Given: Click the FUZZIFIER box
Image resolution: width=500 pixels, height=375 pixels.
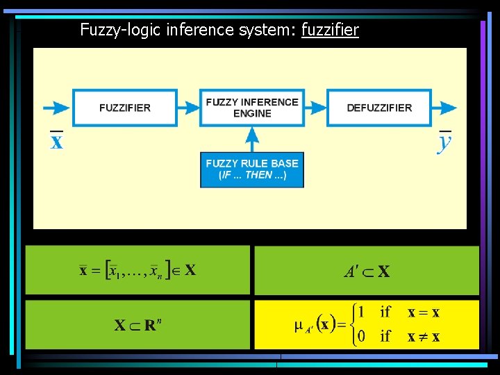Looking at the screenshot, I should [x=125, y=108].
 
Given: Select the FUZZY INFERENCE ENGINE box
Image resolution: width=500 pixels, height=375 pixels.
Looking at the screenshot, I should [x=251, y=108].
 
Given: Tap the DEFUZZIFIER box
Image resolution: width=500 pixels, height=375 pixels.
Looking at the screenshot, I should [x=379, y=108].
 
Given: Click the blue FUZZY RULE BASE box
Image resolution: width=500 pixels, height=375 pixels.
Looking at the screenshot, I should [x=251, y=169].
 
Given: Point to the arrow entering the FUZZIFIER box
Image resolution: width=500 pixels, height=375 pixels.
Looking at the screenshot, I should [x=56, y=108].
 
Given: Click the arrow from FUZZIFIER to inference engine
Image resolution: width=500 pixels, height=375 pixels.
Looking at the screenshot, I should [x=188, y=108].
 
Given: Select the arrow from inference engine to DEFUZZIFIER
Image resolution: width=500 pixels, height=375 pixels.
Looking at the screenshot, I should [x=315, y=108].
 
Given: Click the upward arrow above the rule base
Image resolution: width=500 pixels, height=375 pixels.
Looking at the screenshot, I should [x=251, y=139].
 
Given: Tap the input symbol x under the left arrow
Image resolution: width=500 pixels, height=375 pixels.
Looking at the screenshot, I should [x=56, y=142].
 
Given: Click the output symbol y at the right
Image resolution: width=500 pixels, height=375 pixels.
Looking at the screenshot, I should [x=444, y=143].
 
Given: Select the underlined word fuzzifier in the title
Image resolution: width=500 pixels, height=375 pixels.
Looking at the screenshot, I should [x=330, y=30].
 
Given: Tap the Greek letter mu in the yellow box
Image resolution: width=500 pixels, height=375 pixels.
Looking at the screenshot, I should [x=299, y=324].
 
